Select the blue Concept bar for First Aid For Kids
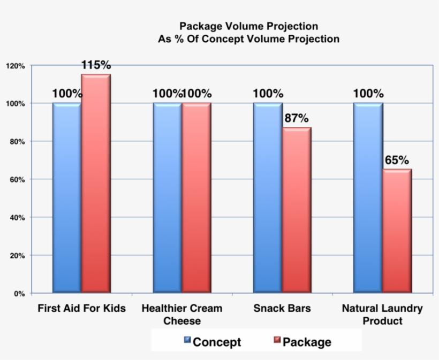(x=67, y=198)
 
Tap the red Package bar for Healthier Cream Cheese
(x=196, y=198)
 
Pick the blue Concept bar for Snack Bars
(x=268, y=198)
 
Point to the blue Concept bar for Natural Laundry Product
(x=368, y=198)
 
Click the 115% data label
(x=96, y=65)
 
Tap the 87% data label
(x=297, y=118)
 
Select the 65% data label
(x=397, y=160)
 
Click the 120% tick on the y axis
(x=16, y=66)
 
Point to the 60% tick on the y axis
(x=17, y=180)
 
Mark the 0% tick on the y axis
(x=19, y=294)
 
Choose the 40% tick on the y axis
(x=17, y=218)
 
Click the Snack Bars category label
(x=282, y=309)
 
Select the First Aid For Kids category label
(x=81, y=309)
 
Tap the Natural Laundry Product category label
(x=382, y=315)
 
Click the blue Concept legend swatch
(x=187, y=340)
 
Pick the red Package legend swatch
(x=277, y=340)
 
